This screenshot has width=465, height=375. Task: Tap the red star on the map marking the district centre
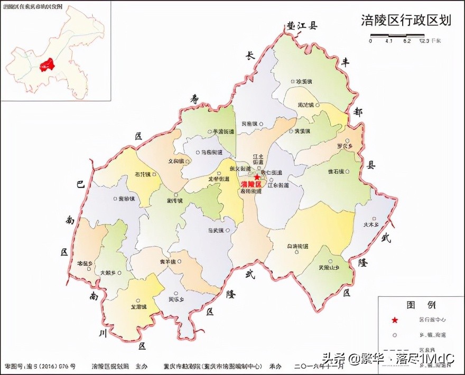point(257,177)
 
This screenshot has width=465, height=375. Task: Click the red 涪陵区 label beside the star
point(251,185)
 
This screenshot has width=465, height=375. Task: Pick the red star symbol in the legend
point(394,320)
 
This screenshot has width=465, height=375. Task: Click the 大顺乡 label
point(108,273)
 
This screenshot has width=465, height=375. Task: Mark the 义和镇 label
point(176,161)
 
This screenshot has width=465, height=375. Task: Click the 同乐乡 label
point(176,299)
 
